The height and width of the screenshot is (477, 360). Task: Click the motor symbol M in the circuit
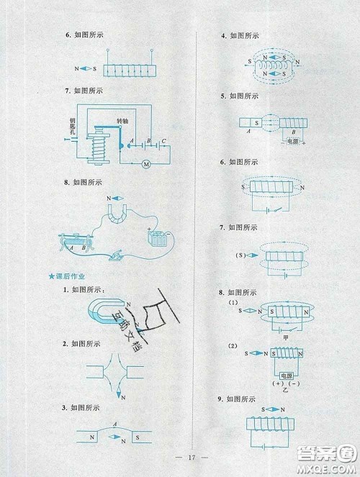(x=145, y=164)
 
